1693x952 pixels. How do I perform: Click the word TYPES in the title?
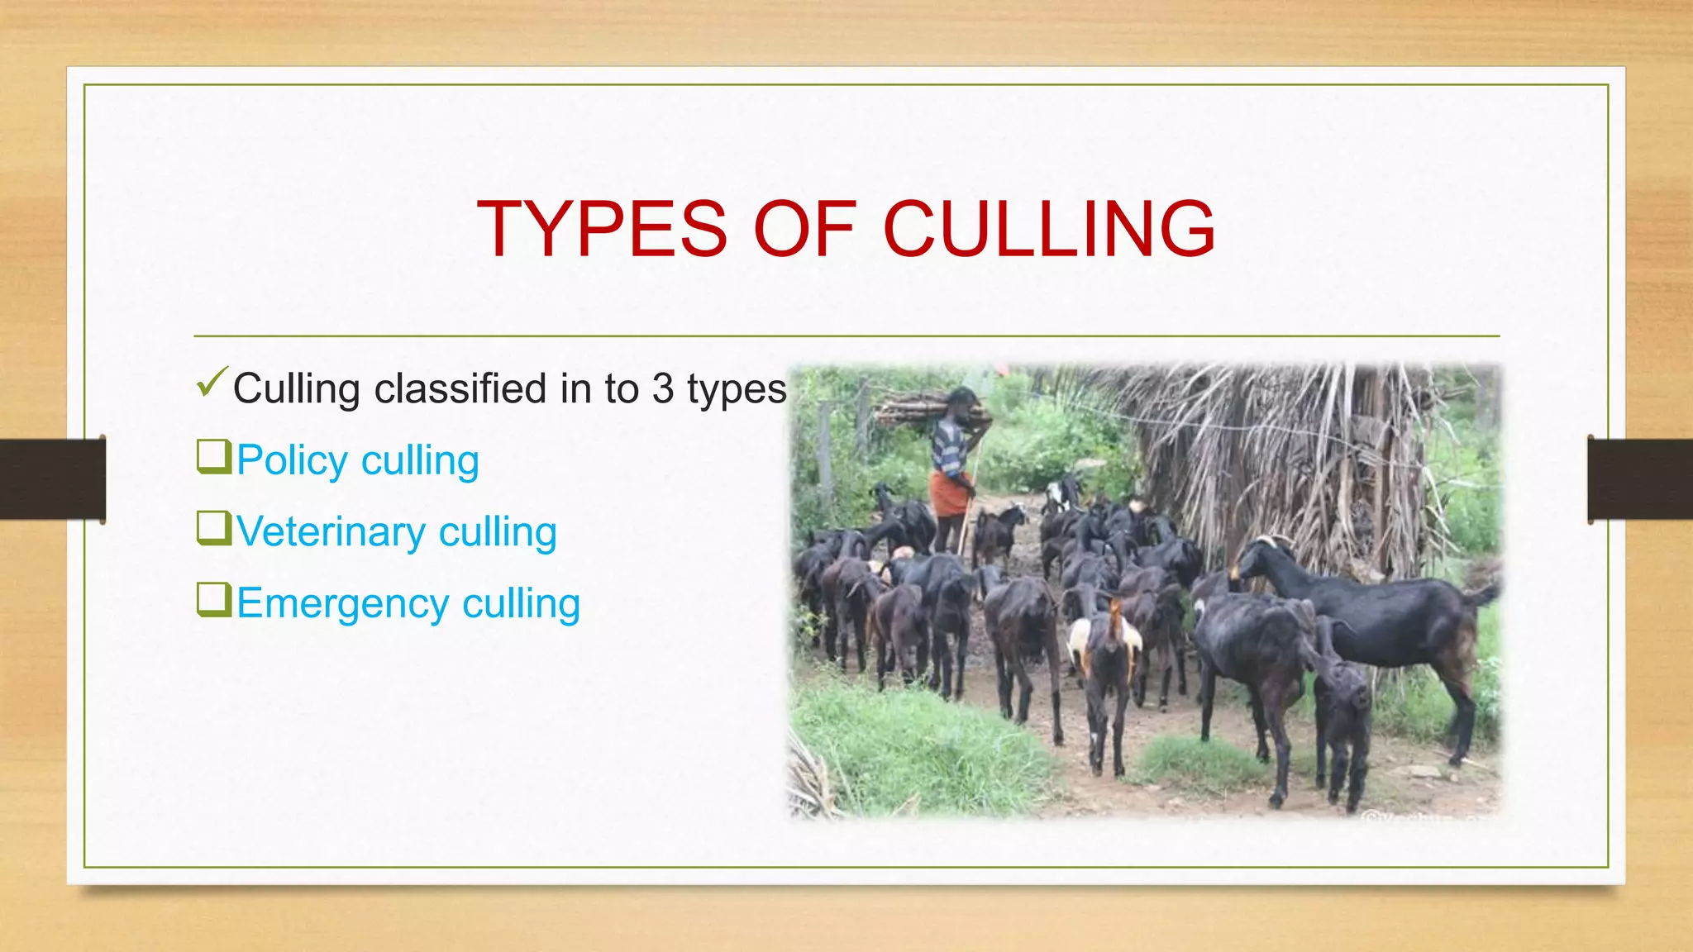point(603,229)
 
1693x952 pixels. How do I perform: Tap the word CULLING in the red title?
point(1049,229)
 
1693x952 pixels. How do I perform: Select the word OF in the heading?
point(804,229)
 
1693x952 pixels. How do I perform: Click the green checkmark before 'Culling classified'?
point(212,382)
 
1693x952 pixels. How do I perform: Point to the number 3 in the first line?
point(662,388)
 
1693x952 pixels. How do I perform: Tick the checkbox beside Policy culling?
point(213,457)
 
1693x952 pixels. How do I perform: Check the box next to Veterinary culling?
point(213,528)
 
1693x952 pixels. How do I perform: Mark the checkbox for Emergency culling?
point(213,600)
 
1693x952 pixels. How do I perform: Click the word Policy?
point(292,460)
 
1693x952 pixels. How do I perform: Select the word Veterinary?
point(331,531)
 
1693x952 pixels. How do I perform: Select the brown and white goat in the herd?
point(1105,645)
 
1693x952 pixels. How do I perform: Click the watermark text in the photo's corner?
point(1430,816)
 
